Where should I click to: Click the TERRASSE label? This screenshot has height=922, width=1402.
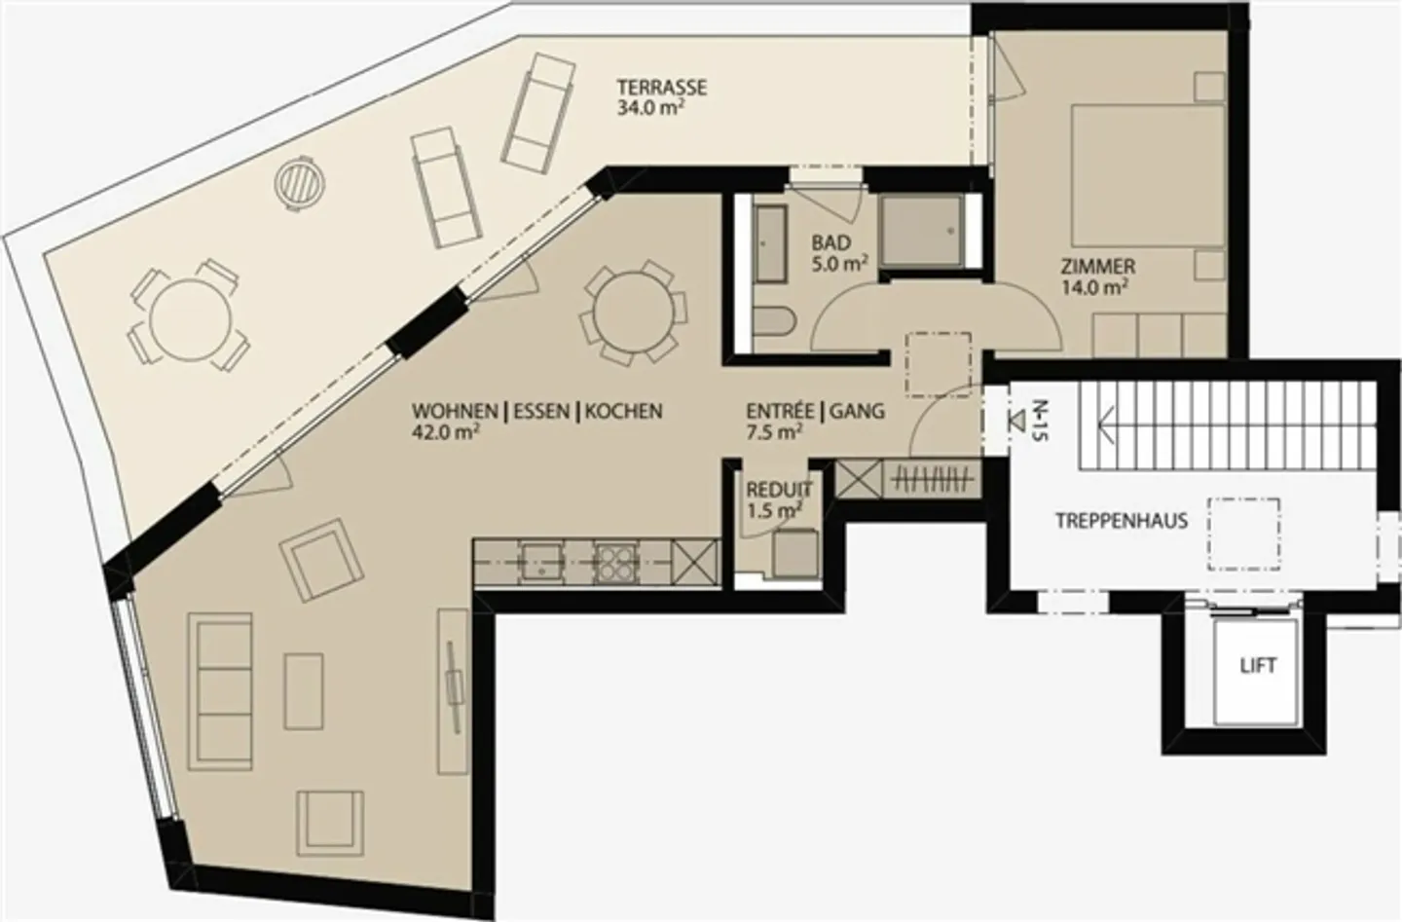pos(662,87)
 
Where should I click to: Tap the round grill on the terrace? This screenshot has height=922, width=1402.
pos(301,183)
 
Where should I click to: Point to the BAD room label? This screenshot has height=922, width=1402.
pos(831,242)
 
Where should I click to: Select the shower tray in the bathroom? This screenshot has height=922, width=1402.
pos(921,232)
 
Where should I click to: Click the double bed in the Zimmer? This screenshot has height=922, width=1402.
pos(1148,175)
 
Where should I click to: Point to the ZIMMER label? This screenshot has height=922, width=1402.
pos(1098,267)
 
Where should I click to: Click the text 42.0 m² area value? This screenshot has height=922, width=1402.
pos(446,432)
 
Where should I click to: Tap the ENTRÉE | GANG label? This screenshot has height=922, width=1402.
pos(816,411)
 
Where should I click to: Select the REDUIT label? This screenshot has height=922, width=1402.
pos(779,490)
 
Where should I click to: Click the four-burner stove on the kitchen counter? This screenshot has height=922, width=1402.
pos(615,563)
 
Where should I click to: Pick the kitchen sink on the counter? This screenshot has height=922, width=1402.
pos(542,563)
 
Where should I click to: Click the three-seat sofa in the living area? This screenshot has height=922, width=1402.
pos(220,691)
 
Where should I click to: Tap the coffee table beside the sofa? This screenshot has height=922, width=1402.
pos(304,691)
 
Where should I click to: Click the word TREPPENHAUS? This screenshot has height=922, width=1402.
pos(1122,521)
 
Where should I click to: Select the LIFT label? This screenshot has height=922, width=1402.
pos(1258,666)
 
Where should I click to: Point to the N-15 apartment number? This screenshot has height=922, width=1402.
pos(1040,421)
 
